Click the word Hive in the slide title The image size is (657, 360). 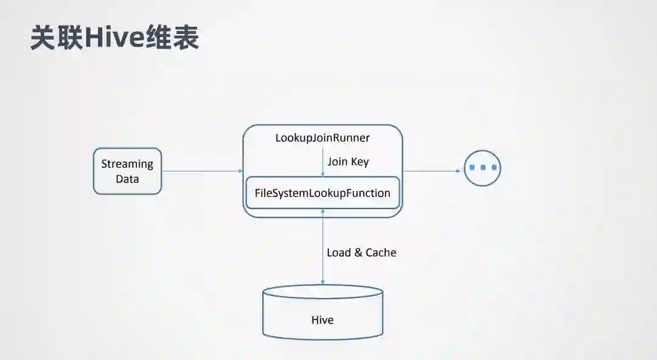[x=114, y=38]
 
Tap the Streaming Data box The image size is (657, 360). [x=127, y=171]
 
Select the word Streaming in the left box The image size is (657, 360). [x=127, y=164]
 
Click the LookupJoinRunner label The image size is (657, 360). [x=322, y=138]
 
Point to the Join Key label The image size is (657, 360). [x=348, y=162]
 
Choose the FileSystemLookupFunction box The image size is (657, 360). [x=322, y=193]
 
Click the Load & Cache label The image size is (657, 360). [x=361, y=252]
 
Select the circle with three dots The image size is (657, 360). [x=482, y=167]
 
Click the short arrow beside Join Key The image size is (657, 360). [x=322, y=163]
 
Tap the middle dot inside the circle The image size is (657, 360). [x=482, y=167]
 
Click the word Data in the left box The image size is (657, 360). [x=127, y=179]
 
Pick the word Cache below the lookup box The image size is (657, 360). [x=381, y=252]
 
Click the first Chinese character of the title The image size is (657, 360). [x=44, y=38]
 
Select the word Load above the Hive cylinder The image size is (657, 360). [x=339, y=252]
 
